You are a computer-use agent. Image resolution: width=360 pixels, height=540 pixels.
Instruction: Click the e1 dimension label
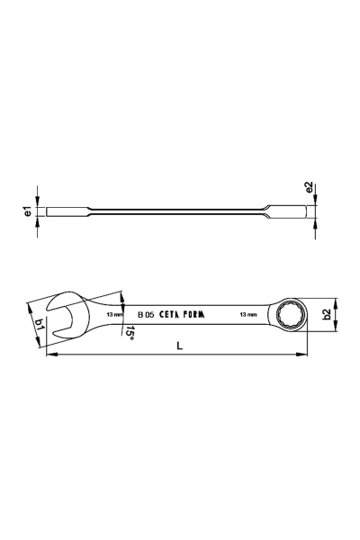(29, 211)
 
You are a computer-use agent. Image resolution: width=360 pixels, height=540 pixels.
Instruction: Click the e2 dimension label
(309, 187)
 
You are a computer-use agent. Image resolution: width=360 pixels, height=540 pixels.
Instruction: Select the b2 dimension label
(327, 314)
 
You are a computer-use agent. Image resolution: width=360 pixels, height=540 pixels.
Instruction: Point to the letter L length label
(179, 346)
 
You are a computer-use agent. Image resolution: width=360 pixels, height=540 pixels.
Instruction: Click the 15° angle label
(130, 333)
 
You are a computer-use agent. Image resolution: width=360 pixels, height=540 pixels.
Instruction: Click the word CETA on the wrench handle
(169, 314)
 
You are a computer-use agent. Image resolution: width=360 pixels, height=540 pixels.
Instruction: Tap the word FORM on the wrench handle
(193, 314)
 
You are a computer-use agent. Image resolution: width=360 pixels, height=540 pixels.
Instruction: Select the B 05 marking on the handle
(146, 314)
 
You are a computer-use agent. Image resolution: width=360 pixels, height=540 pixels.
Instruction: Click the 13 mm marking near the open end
(114, 314)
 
